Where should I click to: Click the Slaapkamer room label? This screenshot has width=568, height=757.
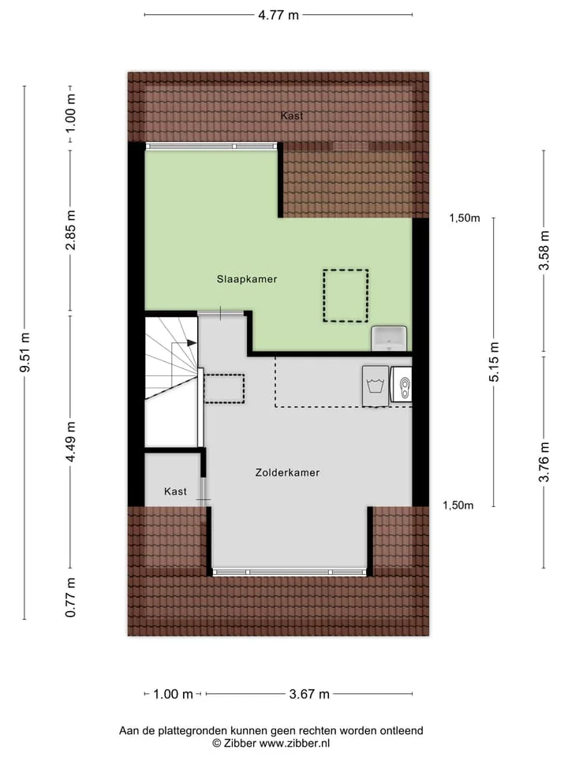coord(247,279)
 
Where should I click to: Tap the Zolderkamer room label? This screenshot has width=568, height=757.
coord(287,472)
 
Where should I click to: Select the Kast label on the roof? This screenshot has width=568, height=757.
coord(292,116)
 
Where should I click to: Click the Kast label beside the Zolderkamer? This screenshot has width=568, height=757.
coord(175,491)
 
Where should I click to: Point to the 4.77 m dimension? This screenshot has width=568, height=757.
coord(278,15)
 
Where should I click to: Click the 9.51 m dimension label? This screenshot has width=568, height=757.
coord(24,352)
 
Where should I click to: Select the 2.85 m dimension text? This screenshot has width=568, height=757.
coord(70,230)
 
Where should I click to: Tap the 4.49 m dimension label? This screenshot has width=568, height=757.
coord(70,442)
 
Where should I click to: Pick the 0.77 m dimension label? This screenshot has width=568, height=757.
coord(70,597)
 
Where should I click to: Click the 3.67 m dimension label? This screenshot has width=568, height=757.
coord(309,694)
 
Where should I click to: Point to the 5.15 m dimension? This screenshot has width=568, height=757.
coord(494,362)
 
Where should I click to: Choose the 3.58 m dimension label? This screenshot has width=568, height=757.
coord(544,251)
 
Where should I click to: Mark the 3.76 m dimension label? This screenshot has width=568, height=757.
coord(544,462)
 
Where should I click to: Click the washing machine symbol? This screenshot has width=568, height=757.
coord(376,386)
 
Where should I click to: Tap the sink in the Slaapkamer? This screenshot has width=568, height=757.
coord(389,338)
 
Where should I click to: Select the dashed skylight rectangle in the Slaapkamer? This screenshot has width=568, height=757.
coord(346,296)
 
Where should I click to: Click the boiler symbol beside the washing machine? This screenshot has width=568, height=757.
coord(402,384)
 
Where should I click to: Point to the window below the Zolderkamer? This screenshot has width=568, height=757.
coord(290,572)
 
